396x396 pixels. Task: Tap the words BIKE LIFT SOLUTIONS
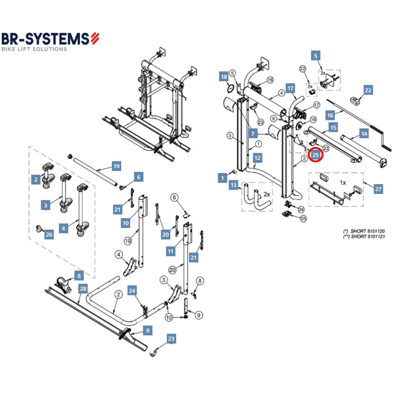34,49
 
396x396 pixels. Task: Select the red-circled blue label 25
316,155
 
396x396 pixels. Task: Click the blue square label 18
224,77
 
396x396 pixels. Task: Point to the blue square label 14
364,134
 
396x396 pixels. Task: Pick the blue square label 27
379,189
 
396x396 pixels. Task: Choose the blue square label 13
234,185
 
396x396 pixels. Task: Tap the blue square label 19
116,166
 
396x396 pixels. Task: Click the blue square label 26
49,235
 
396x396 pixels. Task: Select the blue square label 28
82,289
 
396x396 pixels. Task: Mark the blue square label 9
147,330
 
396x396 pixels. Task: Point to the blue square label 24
132,291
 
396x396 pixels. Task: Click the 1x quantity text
343,183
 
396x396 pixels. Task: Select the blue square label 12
257,158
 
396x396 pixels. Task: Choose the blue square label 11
171,251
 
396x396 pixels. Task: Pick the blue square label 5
316,56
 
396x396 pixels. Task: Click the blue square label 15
333,128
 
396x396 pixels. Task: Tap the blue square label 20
166,235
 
